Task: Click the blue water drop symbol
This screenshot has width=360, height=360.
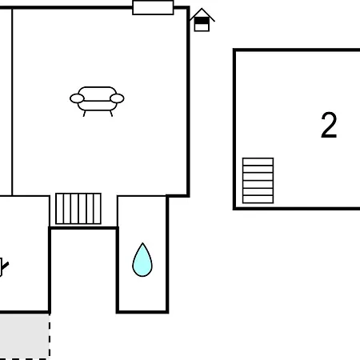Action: coord(142,262)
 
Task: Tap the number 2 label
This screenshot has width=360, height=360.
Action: coord(329,125)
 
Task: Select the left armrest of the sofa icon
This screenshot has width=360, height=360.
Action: coord(77,98)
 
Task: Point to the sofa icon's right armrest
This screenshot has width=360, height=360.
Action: coord(117,98)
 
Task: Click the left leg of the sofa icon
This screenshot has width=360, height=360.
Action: coord(84,114)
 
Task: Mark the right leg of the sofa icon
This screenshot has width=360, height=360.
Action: coord(111,114)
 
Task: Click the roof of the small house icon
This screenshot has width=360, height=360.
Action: coord(202,14)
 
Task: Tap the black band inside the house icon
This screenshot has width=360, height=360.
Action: coord(202,21)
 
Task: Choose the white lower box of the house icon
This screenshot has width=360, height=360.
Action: coord(202,27)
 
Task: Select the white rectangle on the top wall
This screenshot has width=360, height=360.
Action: coord(153,8)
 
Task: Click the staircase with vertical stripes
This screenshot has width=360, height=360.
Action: coord(78,209)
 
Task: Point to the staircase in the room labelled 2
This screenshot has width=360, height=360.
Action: coord(258,181)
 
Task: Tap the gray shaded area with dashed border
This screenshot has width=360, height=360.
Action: coord(25,336)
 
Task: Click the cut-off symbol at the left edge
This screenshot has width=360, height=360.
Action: coord(4,267)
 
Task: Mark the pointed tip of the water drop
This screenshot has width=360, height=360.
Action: coord(142,243)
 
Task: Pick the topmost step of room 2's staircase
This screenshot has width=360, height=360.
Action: coord(258,162)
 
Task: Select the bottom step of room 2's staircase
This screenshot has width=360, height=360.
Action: coord(258,199)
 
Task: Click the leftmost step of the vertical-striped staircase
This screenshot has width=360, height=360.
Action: coord(60,209)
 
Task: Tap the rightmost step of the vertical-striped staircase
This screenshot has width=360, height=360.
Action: coord(98,209)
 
